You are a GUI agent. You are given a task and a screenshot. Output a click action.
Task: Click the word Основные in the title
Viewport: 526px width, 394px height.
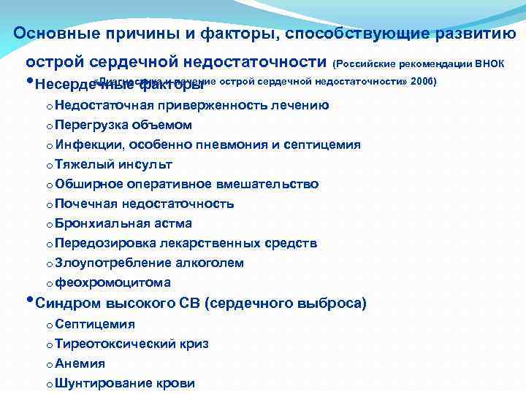(50, 34)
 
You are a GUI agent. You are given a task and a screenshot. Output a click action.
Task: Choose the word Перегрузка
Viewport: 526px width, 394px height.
(88, 125)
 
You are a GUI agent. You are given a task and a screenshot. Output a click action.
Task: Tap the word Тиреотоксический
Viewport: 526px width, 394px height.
(112, 344)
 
